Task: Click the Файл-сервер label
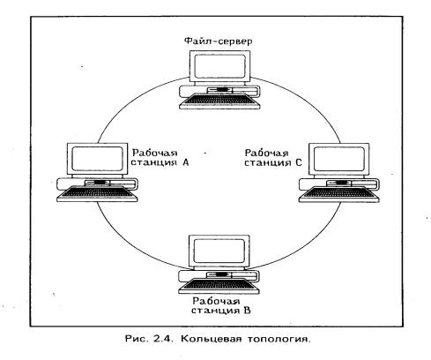(x=218, y=41)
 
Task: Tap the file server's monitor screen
(x=219, y=66)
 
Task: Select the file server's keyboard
(x=219, y=101)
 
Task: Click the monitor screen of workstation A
(x=97, y=159)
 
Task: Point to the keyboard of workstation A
(x=97, y=194)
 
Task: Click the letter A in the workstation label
(x=185, y=162)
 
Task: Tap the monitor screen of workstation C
(x=339, y=159)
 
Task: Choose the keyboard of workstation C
(x=339, y=194)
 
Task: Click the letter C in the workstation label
(x=299, y=162)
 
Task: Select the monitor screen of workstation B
(x=219, y=251)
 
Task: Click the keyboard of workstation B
(x=219, y=286)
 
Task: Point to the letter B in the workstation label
(x=247, y=311)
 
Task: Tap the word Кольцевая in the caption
(x=212, y=339)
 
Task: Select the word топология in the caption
(x=279, y=339)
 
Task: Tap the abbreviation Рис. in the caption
(x=136, y=339)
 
